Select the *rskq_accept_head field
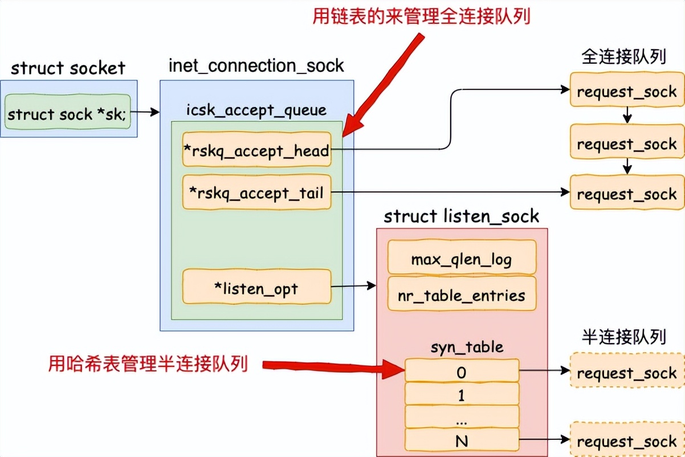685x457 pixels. (256, 150)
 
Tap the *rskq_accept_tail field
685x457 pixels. (256, 193)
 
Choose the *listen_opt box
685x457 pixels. (256, 288)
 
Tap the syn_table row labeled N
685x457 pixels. (462, 440)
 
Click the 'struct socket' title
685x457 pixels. (68, 68)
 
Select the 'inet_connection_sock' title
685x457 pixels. (256, 66)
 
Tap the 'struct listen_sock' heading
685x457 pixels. (461, 216)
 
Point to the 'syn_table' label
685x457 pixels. (462, 346)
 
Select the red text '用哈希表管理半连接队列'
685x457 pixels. (148, 362)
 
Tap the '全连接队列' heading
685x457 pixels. (624, 57)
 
